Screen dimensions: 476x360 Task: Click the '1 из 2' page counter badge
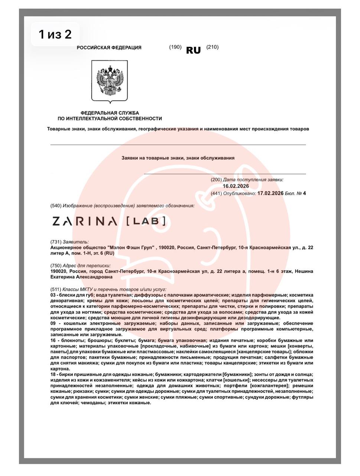(x=55, y=35)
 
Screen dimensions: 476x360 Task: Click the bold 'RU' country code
(x=193, y=51)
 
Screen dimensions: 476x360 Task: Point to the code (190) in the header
(x=175, y=47)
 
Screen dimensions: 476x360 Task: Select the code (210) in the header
(x=213, y=47)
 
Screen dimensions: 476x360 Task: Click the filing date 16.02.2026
(x=236, y=186)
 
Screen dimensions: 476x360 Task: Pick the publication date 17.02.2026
(x=270, y=193)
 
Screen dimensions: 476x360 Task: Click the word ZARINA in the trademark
(x=85, y=222)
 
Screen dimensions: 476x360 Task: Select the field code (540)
(x=56, y=206)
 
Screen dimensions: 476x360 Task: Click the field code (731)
(x=56, y=242)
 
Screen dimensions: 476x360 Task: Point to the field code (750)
(x=56, y=266)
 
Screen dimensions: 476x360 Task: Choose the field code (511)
(x=56, y=289)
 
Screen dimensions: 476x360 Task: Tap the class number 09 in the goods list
(x=53, y=324)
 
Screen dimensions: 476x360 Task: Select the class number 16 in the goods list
(x=53, y=341)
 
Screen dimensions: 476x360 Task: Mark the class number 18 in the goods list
(x=53, y=374)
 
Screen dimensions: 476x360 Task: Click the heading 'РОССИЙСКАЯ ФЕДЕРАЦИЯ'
(x=109, y=48)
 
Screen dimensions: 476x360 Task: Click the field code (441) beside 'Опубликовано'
(x=216, y=193)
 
